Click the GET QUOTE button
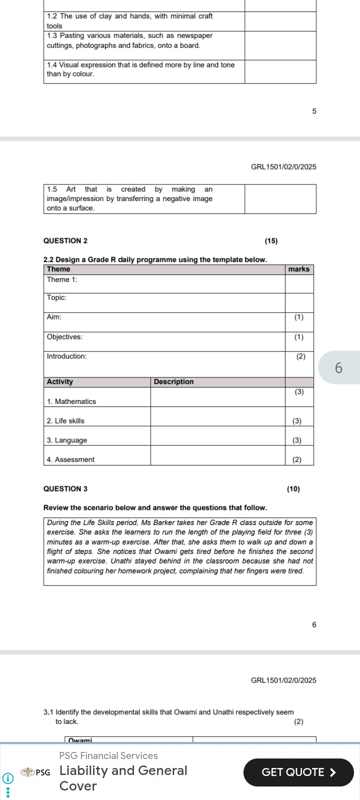(298, 772)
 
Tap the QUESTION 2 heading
(65, 241)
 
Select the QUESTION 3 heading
(65, 488)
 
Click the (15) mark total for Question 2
(271, 241)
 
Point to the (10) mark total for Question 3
(293, 488)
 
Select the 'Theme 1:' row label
(62, 279)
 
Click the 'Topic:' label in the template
(56, 297)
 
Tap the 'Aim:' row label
(54, 317)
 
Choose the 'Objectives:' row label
(64, 336)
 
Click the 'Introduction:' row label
(66, 356)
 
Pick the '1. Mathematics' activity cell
(71, 401)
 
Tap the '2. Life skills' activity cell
(65, 421)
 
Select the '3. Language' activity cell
(66, 440)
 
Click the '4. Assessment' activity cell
(70, 459)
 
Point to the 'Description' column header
(173, 381)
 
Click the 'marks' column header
(299, 269)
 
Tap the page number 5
(314, 111)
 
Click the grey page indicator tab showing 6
(338, 367)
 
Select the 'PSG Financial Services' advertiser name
(108, 755)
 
